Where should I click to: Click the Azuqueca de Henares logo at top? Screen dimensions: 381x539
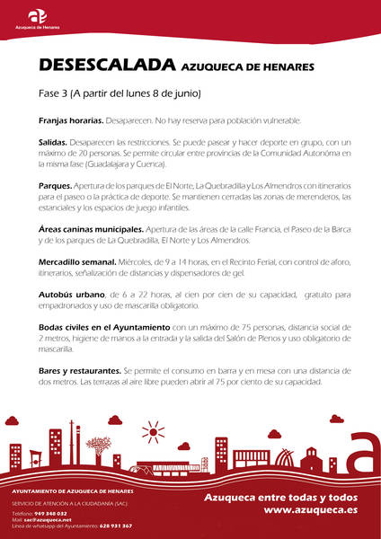point(37,18)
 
